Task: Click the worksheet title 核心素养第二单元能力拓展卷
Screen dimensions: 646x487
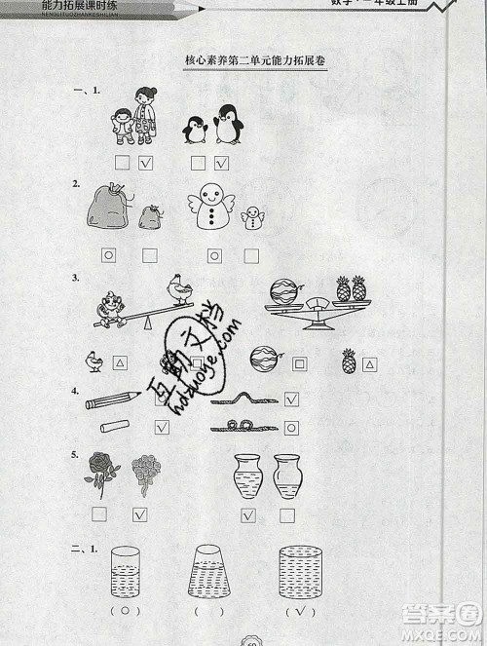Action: click(255, 60)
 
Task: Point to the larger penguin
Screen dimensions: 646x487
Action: click(228, 125)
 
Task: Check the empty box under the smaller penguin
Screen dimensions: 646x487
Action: click(199, 163)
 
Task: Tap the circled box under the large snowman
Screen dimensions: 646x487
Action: click(214, 255)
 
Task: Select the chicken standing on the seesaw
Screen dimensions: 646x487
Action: click(177, 289)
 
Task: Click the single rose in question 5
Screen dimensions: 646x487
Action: click(100, 474)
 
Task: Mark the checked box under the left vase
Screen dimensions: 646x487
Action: click(248, 516)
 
